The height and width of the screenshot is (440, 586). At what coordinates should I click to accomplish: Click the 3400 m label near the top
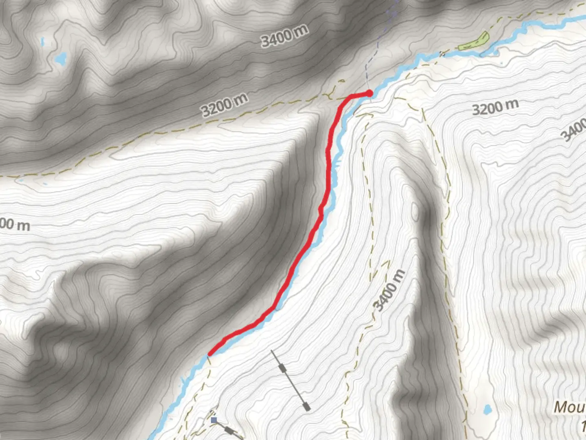[x=284, y=35]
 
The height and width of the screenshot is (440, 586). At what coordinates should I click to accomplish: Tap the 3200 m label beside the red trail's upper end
[x=224, y=105]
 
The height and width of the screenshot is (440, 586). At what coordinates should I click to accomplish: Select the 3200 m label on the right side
[x=495, y=107]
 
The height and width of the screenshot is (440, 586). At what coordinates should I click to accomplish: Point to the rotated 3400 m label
[x=389, y=290]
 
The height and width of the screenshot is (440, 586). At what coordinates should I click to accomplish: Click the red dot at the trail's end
[x=369, y=94]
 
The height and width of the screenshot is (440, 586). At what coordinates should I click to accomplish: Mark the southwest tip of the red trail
[x=209, y=354]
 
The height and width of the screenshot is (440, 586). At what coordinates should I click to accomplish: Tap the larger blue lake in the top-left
[x=61, y=59]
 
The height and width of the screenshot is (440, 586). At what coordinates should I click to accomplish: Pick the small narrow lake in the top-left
[x=42, y=41]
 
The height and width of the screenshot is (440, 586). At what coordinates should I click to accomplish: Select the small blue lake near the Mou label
[x=487, y=409]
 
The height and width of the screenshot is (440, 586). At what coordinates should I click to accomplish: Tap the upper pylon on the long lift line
[x=282, y=368]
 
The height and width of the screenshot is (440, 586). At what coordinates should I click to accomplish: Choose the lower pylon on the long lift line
[x=307, y=406]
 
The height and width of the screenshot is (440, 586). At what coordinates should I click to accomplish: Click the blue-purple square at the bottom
[x=214, y=420]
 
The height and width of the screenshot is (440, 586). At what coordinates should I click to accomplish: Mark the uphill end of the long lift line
[x=272, y=350]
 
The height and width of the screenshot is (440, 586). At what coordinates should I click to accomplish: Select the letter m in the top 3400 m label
[x=302, y=29]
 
